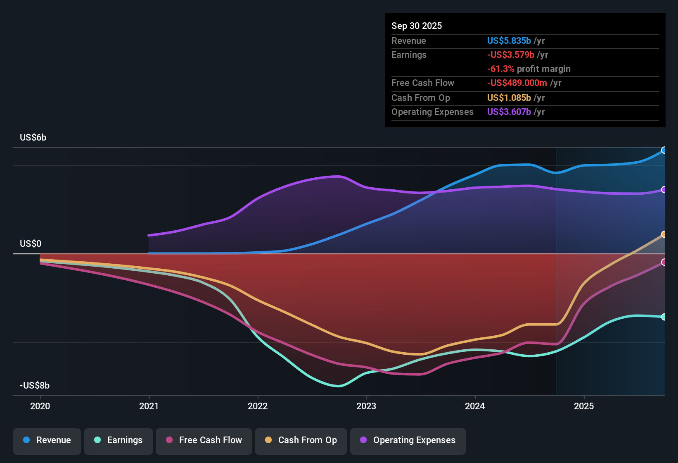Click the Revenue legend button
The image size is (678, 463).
[x=47, y=441]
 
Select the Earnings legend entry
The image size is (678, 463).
[x=118, y=441]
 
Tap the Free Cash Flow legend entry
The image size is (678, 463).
[x=204, y=441]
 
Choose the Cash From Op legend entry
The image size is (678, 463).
[x=301, y=441]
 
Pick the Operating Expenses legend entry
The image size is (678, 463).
[x=408, y=441]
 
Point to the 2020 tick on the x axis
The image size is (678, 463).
[x=40, y=406]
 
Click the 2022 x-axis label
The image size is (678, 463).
[x=258, y=406]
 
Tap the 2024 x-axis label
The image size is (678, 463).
[x=475, y=406]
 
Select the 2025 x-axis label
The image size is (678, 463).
[x=584, y=406]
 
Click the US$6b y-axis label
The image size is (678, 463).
[x=33, y=138]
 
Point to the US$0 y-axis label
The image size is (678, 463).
[x=31, y=244]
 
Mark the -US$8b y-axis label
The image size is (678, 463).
[x=35, y=386]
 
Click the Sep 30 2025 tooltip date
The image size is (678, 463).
[x=417, y=26]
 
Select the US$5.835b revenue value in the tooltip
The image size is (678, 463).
[x=509, y=41]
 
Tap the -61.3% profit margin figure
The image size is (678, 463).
[x=500, y=69]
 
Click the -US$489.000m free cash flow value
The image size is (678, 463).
[x=517, y=83]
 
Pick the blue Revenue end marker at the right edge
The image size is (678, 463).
[x=664, y=150]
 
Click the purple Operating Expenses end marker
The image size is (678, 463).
[x=664, y=190]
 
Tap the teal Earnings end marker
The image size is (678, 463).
[x=664, y=317]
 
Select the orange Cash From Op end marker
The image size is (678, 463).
[x=664, y=234]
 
